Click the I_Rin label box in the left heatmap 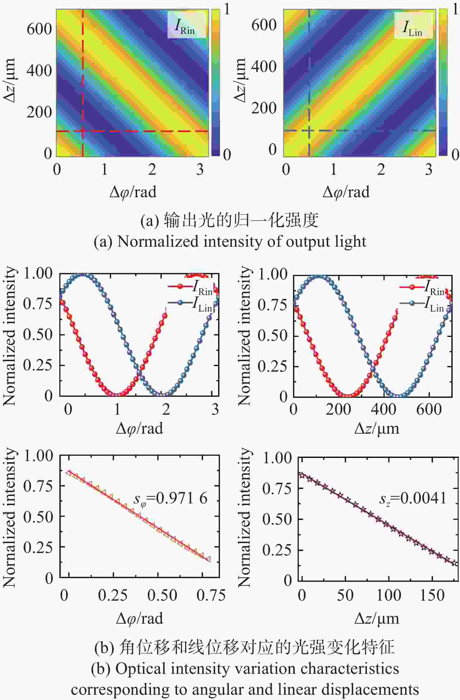(x=186, y=26)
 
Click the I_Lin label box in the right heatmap (x=413, y=26)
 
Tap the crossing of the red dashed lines (x=83, y=131)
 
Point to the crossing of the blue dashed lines (x=309, y=131)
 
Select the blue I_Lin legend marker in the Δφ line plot (x=180, y=302)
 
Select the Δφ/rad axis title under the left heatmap (x=133, y=192)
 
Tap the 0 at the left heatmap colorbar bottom (x=227, y=155)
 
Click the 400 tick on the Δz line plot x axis (x=383, y=409)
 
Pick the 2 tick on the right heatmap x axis (x=381, y=169)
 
